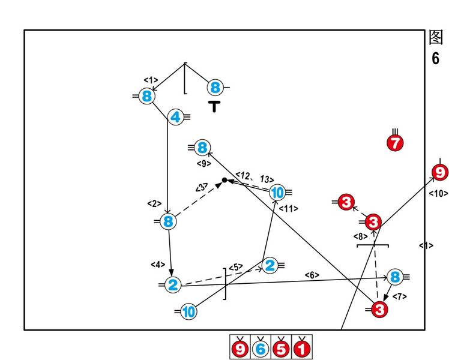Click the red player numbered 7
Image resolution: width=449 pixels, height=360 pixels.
pos(395,143)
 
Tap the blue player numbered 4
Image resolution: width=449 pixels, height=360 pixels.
pos(175,118)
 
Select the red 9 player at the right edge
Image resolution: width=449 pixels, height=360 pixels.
pos(440,173)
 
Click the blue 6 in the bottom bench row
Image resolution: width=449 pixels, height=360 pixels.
pos(261,348)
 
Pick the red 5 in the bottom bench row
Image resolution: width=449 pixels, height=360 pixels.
pos(280,348)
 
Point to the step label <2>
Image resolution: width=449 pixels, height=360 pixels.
pos(154,203)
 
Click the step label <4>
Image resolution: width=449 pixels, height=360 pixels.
pos(157,264)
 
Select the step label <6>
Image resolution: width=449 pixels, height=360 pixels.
pos(312,275)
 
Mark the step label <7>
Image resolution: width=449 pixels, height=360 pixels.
pos(399,296)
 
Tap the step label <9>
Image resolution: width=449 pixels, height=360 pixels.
pos(203,163)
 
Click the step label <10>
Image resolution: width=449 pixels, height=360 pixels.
pos(438,193)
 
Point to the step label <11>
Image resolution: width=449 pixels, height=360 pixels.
pos(289,208)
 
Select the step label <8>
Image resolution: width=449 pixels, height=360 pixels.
pos(360,236)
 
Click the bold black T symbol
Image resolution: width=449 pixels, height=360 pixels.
pos(215,107)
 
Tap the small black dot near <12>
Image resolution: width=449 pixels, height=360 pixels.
pos(224,180)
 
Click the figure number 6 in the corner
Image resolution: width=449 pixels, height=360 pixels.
pos(435,58)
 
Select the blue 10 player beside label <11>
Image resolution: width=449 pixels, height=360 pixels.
pos(277,193)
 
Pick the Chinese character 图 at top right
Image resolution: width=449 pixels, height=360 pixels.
pos(436,37)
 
